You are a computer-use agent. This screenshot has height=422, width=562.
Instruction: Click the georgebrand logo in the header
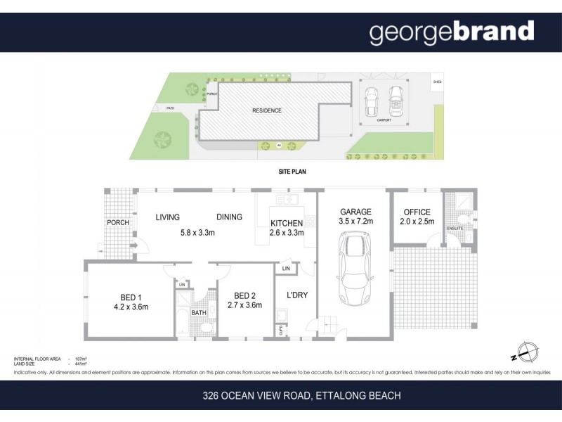point(452,32)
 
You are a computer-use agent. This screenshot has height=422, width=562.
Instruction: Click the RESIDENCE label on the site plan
point(267,110)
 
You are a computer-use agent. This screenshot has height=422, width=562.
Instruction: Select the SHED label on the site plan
point(437,82)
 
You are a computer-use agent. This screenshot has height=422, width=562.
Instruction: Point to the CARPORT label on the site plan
point(384,120)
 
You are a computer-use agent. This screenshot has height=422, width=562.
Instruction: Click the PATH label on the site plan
point(170,108)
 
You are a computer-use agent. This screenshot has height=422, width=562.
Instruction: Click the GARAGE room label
point(355,212)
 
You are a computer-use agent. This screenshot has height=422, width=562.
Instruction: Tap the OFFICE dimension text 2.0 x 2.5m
point(417,222)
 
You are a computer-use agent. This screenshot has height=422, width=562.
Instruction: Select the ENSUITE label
point(455,229)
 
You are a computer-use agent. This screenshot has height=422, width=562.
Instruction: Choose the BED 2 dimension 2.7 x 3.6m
point(244,305)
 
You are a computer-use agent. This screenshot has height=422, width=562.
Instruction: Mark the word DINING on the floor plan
point(229,217)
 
